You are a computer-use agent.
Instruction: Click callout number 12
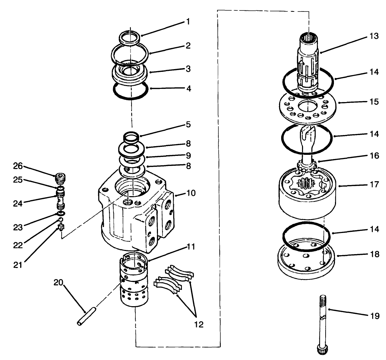pos(199,325)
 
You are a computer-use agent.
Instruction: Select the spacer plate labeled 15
pos(307,108)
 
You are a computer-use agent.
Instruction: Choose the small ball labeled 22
pos(60,220)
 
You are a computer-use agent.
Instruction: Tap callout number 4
pos(188,88)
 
